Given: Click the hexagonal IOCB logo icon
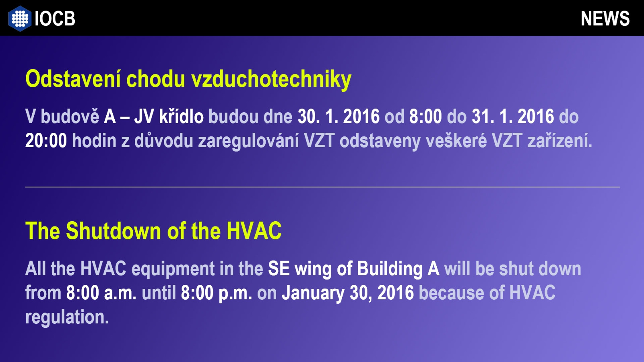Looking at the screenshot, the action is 20,19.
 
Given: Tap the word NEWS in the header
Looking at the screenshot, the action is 605,19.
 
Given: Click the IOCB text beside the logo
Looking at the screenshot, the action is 55,19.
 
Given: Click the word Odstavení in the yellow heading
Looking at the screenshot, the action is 73,79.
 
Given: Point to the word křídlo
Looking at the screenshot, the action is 182,116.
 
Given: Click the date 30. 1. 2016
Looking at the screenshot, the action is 339,116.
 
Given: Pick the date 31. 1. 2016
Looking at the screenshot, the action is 513,116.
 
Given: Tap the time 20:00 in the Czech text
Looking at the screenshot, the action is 46,140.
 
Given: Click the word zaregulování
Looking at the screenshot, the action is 249,141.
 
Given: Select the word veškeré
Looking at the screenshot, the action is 456,140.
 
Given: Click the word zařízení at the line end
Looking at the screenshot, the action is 560,140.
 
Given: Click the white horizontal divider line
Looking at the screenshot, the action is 322,187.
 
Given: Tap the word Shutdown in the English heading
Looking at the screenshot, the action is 114,230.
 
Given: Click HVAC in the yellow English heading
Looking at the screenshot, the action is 254,230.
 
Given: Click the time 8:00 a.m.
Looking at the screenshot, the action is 101,293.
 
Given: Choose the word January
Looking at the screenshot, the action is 313,293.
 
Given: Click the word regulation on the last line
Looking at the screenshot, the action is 67,317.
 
